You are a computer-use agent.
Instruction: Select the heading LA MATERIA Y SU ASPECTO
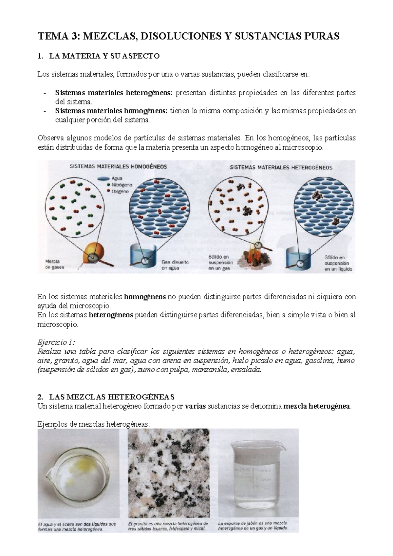pos(104,56)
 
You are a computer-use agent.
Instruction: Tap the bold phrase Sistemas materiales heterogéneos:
pos(114,93)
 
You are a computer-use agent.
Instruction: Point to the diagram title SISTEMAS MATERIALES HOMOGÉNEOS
pos(118,166)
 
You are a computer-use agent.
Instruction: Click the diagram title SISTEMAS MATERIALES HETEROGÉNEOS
pos(281,167)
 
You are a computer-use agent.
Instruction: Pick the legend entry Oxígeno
pos(120,191)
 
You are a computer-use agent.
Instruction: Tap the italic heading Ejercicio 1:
pos(56,343)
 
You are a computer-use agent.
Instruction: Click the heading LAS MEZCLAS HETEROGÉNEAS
pos(112,397)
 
